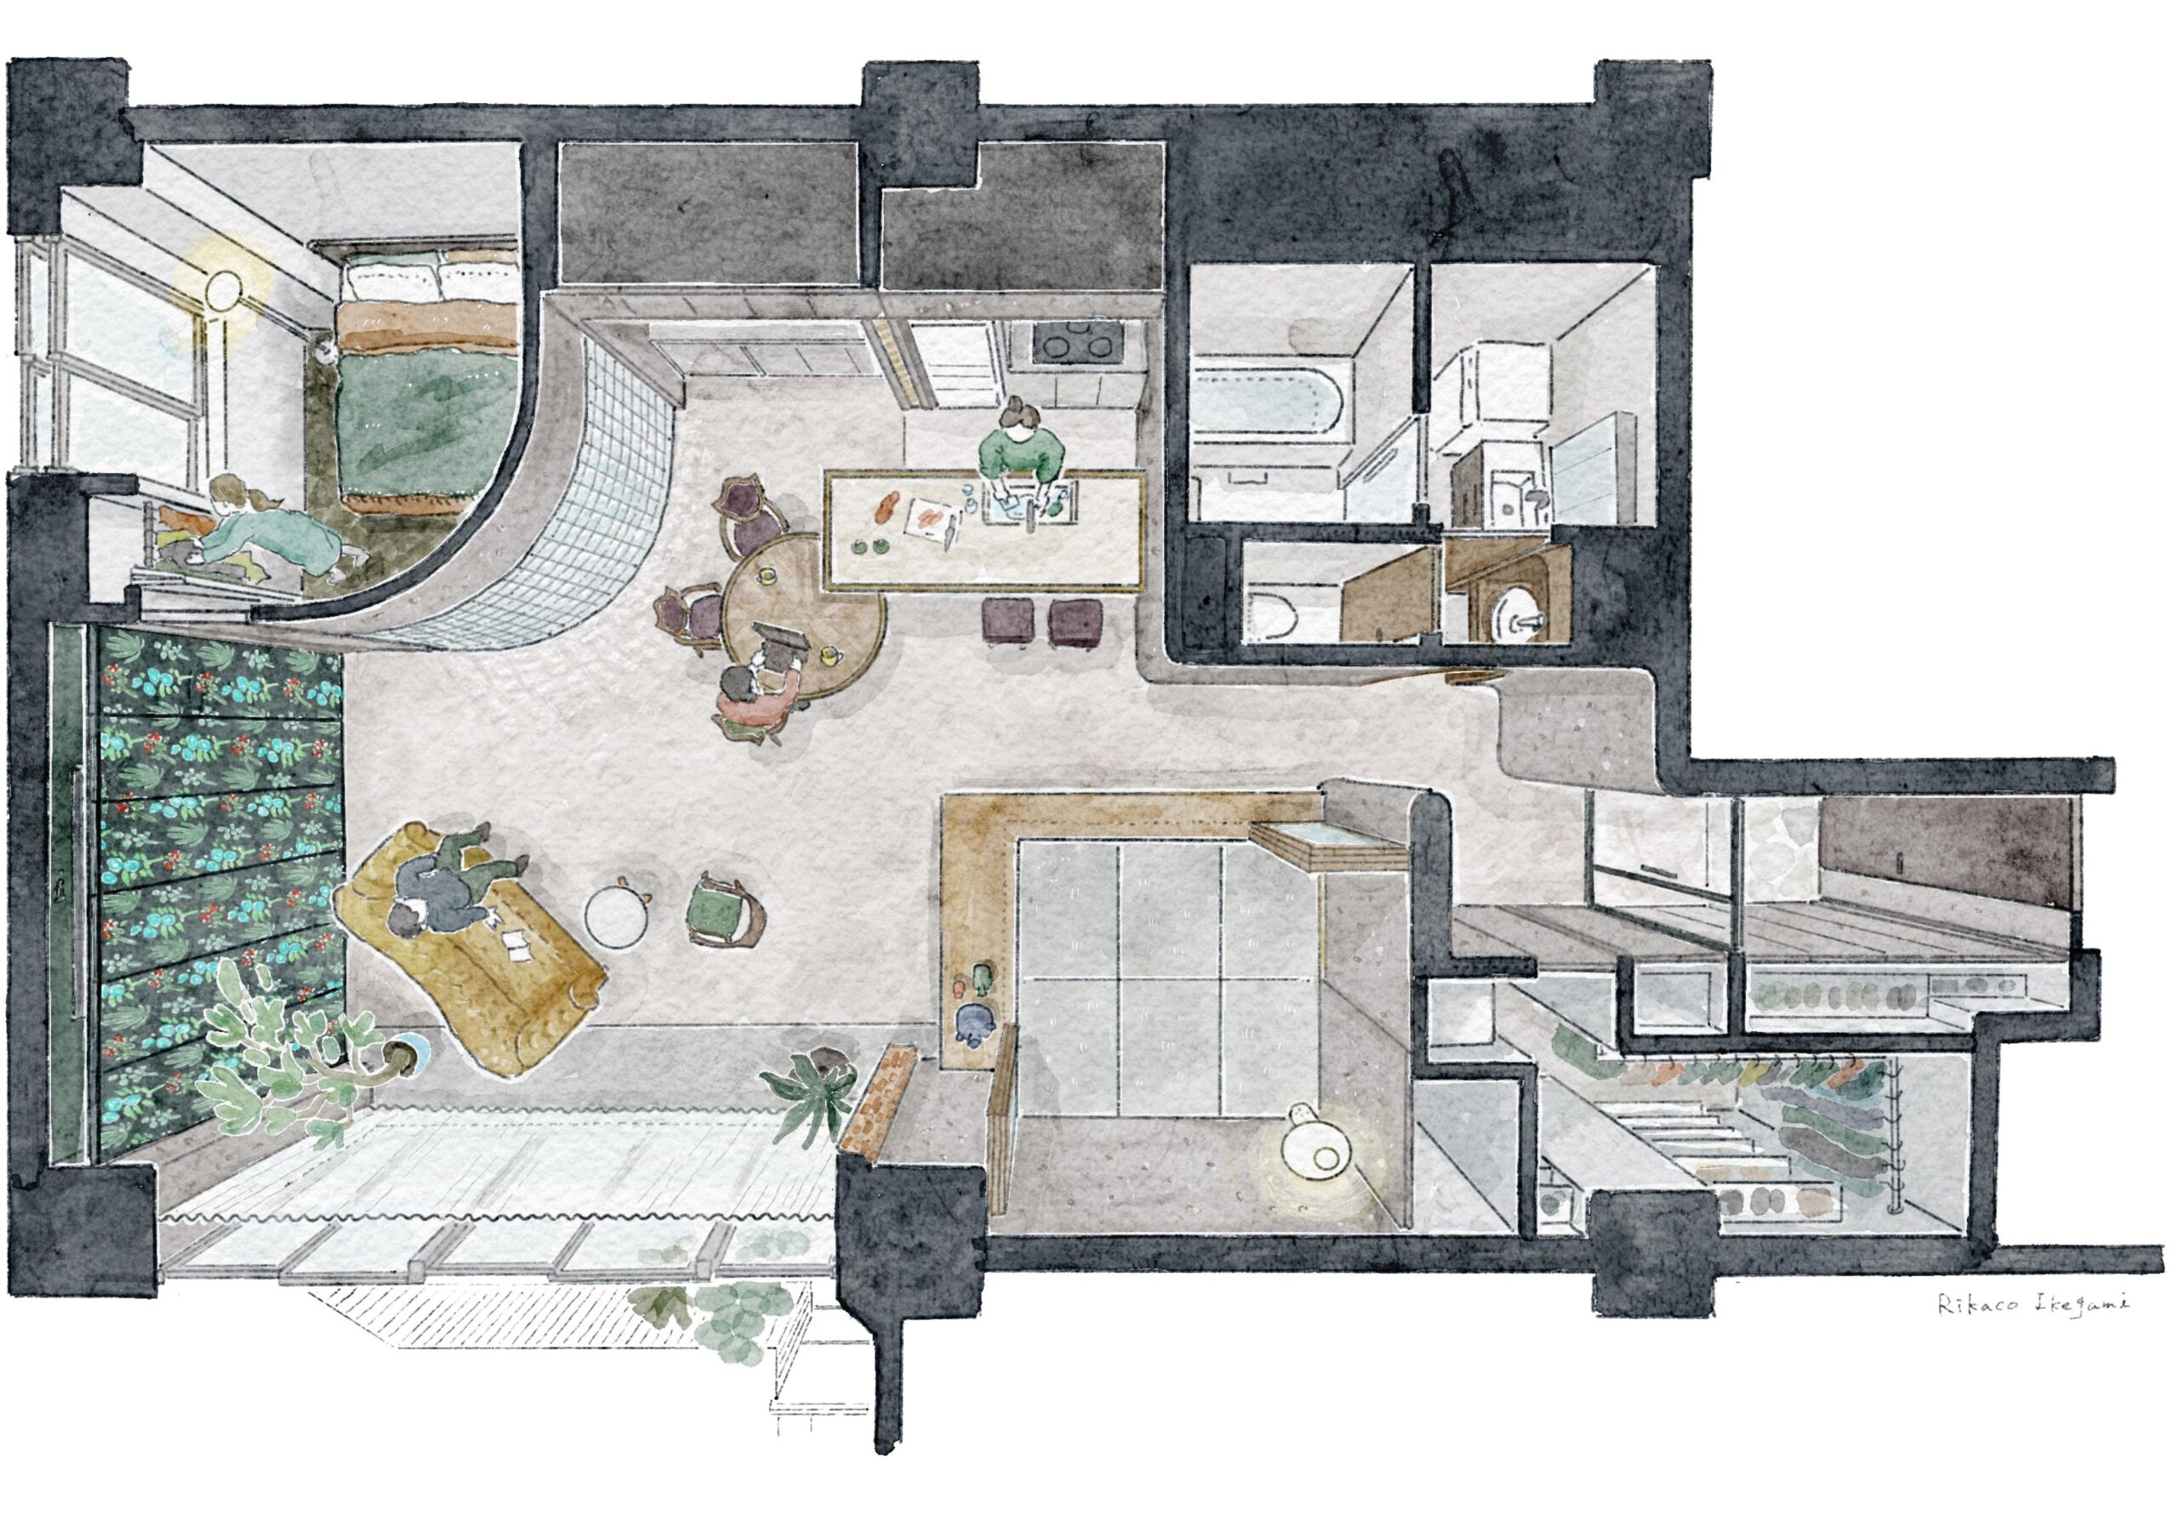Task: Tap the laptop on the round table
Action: pos(782,637)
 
